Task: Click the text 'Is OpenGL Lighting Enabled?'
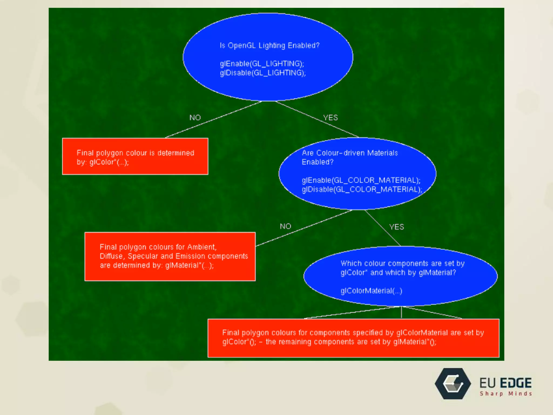tap(269, 45)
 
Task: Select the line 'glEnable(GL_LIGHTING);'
tap(262, 64)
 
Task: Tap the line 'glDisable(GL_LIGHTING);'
tap(262, 73)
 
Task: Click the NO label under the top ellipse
tap(195, 118)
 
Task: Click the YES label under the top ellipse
tap(331, 118)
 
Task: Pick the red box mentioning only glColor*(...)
tap(135, 156)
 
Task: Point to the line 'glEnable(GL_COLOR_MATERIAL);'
tap(361, 180)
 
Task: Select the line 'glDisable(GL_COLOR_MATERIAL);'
tap(362, 189)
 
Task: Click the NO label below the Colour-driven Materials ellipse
tap(285, 226)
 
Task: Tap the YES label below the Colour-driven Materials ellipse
tap(396, 227)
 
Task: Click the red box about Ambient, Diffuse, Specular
tap(170, 256)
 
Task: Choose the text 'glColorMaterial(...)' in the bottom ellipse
tap(371, 291)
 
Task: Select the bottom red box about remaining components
tap(353, 338)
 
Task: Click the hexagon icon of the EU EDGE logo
tap(453, 384)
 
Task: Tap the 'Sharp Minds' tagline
tap(506, 394)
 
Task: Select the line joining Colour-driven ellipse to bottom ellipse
tap(382, 228)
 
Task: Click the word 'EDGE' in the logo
tap(516, 383)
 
